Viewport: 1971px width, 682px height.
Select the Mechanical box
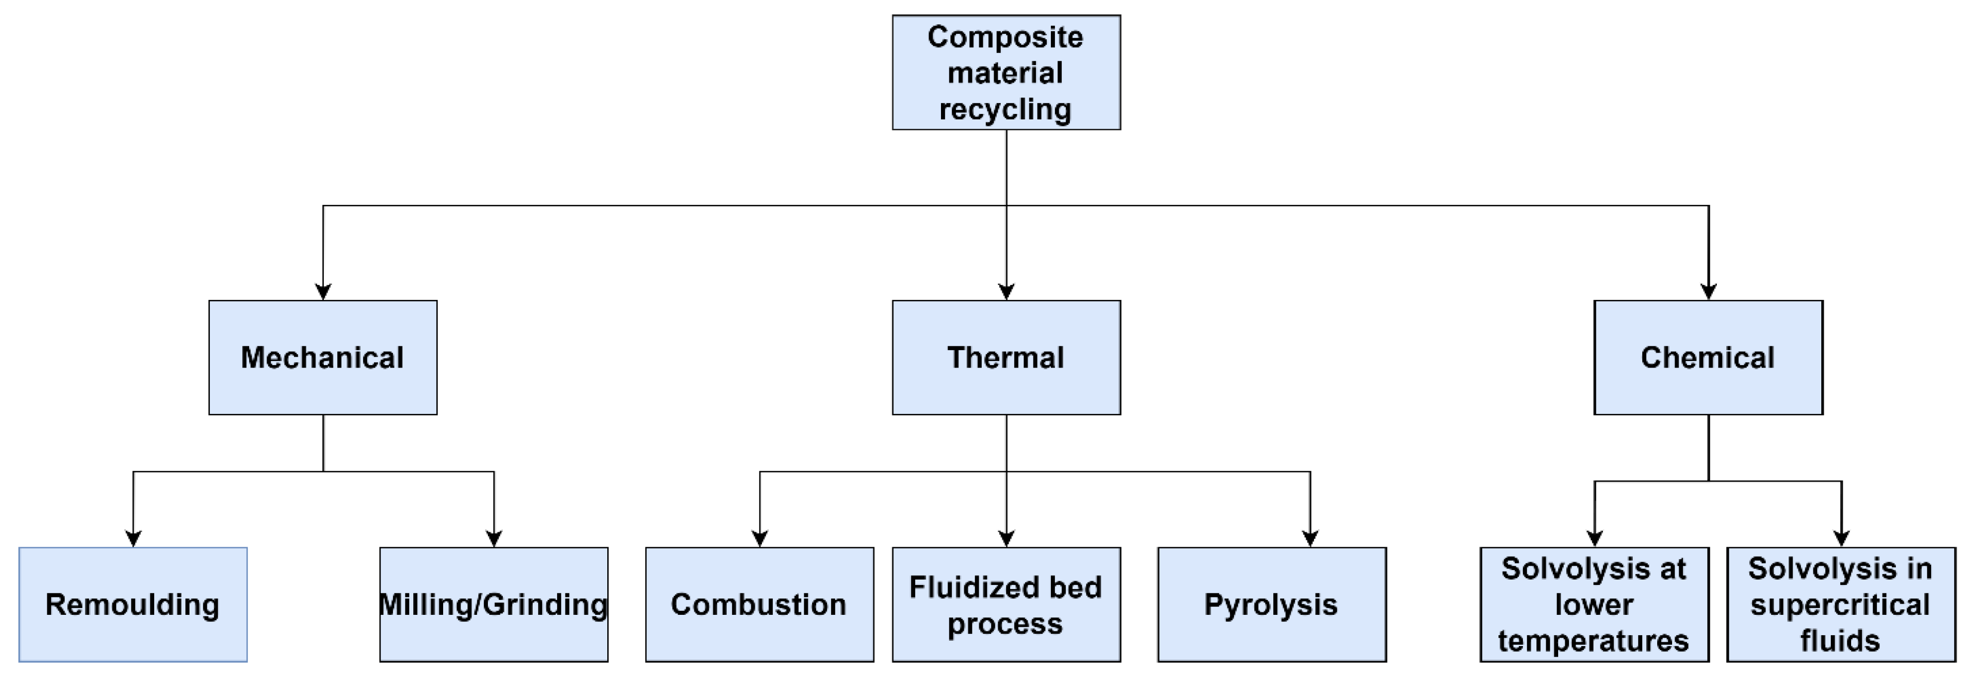click(x=323, y=358)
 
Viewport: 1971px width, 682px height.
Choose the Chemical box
click(x=1708, y=358)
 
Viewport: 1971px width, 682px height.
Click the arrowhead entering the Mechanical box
click(x=323, y=292)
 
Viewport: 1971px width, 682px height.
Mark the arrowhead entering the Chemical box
click(x=1708, y=292)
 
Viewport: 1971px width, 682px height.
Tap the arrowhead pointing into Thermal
click(x=1006, y=292)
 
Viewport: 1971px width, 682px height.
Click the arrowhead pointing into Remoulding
click(x=133, y=538)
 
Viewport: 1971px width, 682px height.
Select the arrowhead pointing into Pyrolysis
click(x=1310, y=538)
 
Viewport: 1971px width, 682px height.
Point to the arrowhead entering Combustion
click(x=760, y=538)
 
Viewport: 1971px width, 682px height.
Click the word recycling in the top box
click(x=1005, y=109)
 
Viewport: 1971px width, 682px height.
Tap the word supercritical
click(x=1840, y=605)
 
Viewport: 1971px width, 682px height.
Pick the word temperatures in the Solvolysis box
click(x=1593, y=641)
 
